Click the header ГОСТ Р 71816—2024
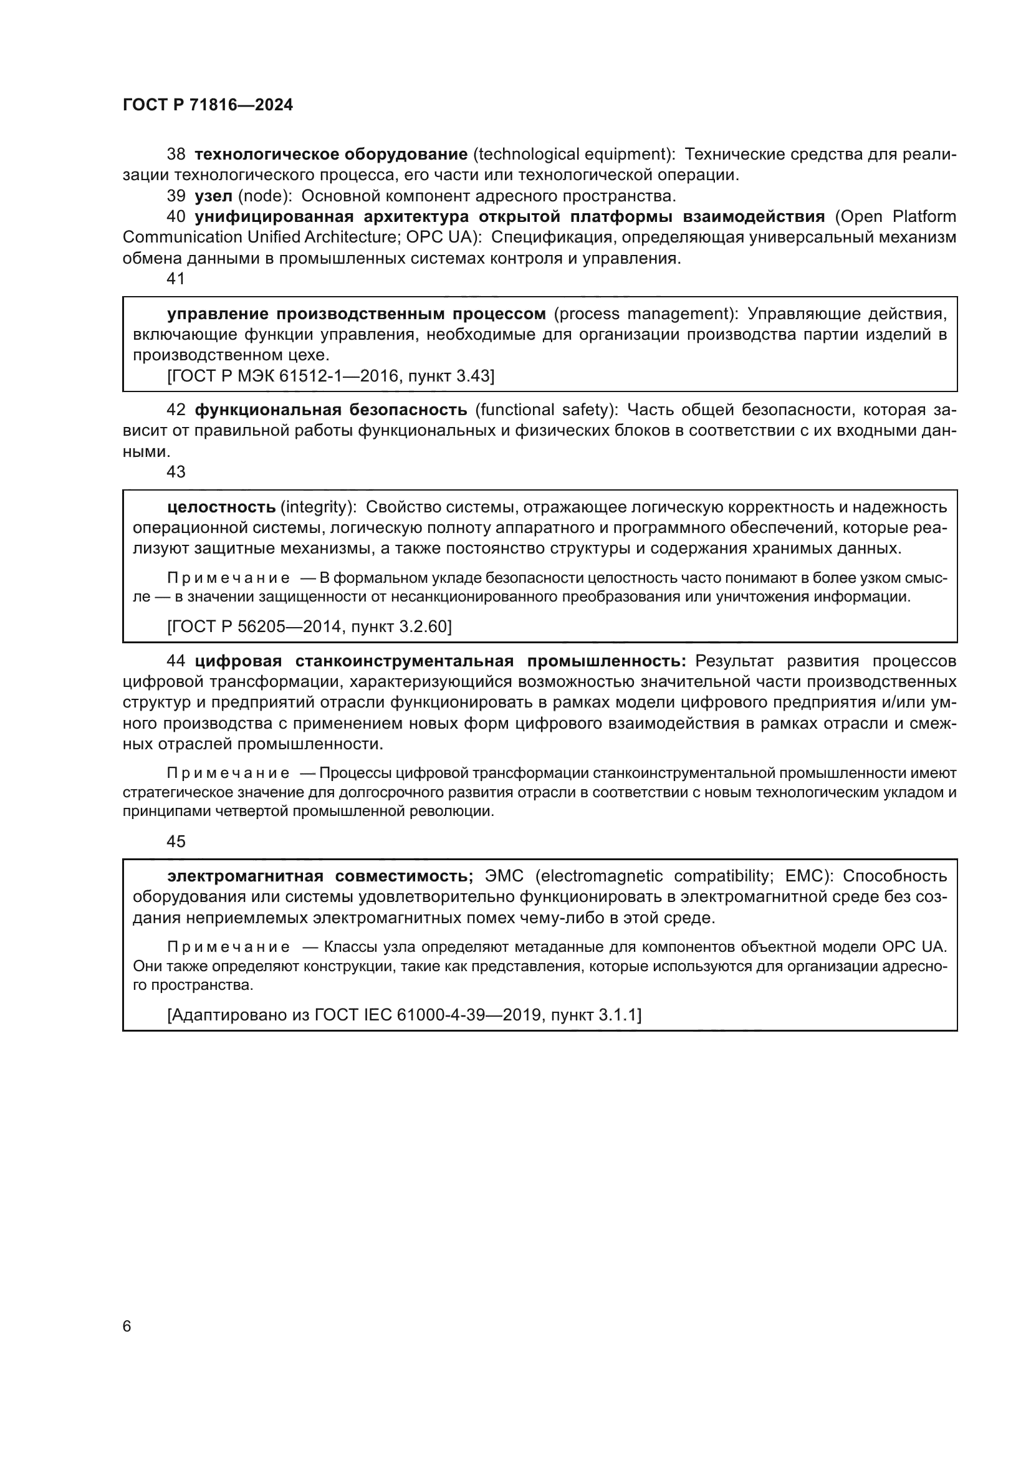point(208,105)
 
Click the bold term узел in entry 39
point(213,196)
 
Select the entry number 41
point(176,279)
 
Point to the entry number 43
point(176,472)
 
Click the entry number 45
point(176,842)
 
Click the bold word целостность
point(221,507)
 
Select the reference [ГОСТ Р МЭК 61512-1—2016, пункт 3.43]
point(330,376)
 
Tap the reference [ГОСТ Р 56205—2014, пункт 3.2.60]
point(309,626)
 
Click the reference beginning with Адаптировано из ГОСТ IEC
point(404,1015)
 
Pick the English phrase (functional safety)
point(546,410)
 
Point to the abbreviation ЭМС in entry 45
point(504,876)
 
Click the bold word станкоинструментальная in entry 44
point(404,661)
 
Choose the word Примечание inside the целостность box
point(229,578)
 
